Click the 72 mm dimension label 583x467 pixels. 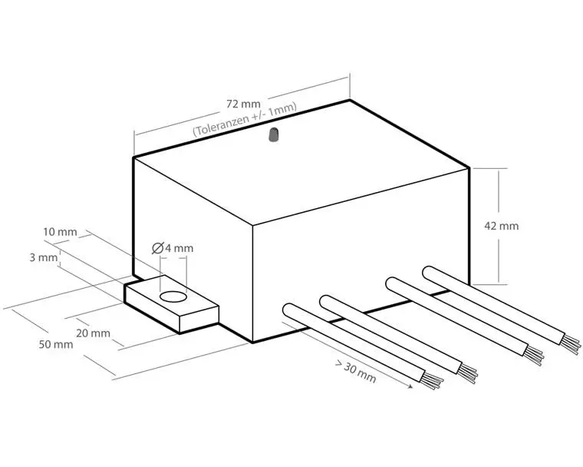point(243,104)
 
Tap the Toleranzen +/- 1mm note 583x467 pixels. point(245,119)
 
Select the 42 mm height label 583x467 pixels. point(501,226)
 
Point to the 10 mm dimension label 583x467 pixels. point(61,232)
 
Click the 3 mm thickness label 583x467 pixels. point(44,257)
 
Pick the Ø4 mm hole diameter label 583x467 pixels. point(173,248)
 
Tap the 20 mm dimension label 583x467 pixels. point(93,333)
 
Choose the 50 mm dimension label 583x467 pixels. point(56,344)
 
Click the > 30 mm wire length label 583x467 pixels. point(355,372)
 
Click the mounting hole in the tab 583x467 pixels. point(173,296)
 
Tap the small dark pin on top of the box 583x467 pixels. point(273,135)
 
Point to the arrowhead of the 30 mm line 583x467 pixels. point(410,386)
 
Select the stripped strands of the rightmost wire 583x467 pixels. point(570,344)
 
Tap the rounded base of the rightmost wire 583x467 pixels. point(430,273)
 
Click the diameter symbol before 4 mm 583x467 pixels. point(158,248)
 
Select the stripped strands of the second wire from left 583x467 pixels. point(466,373)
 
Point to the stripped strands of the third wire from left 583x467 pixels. point(533,356)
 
